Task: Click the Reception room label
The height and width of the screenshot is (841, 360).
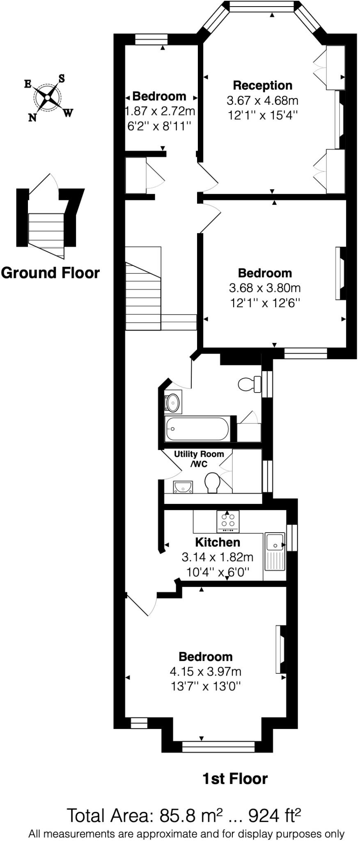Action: pos(263,85)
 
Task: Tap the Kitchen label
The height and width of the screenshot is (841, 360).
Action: pos(218,542)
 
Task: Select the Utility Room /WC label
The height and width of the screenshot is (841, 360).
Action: pos(199,459)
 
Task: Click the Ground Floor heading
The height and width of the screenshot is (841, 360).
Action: pos(50,273)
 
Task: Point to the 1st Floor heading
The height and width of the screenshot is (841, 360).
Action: pos(235,779)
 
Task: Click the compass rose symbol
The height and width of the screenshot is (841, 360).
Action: pos(48,98)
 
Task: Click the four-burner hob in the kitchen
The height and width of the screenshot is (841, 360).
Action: pos(228,521)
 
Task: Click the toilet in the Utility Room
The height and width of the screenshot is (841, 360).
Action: pos(212,483)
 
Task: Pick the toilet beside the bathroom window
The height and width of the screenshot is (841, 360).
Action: pos(249,384)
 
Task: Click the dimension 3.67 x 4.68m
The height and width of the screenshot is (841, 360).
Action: pos(263,100)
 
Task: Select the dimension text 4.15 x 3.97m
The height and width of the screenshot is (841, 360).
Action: pos(205,671)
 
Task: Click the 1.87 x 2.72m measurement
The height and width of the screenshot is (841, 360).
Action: pos(160,111)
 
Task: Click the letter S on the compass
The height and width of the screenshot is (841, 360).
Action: pos(62,78)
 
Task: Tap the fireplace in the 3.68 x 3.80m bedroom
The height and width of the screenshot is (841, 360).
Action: pos(340,273)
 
